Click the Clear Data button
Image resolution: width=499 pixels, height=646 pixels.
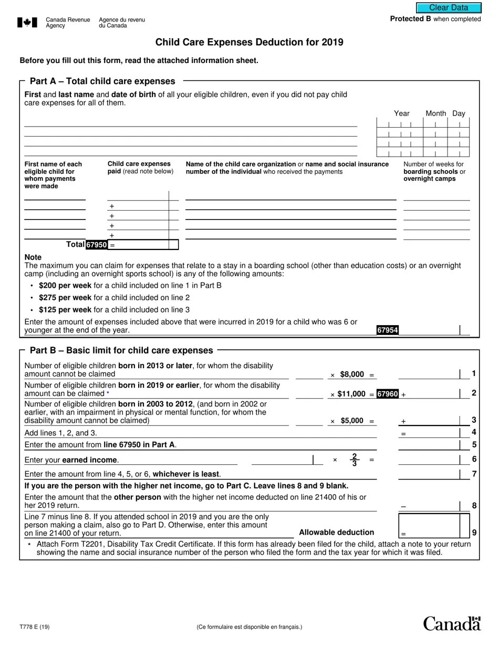(x=449, y=8)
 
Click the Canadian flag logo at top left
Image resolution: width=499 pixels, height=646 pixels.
(x=27, y=22)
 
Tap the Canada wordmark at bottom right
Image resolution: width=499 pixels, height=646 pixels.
(x=452, y=623)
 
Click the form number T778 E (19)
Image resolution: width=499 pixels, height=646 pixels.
(x=35, y=627)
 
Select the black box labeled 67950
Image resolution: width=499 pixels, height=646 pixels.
(x=97, y=245)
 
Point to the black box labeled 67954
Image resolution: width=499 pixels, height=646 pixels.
(x=387, y=330)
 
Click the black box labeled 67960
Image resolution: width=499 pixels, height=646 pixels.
(x=388, y=394)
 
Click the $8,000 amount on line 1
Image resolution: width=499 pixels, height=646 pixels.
(x=351, y=374)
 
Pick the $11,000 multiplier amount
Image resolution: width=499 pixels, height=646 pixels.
(x=351, y=394)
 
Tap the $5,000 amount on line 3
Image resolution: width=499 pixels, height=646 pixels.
(x=351, y=421)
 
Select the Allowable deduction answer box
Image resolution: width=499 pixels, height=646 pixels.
(x=434, y=525)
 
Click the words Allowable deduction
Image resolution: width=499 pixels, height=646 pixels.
(x=336, y=532)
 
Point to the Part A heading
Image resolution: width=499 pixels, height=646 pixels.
(x=102, y=81)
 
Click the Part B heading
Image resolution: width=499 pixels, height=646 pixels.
(x=121, y=350)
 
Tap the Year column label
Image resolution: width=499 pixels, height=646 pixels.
(x=402, y=113)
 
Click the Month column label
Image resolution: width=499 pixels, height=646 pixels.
(x=435, y=113)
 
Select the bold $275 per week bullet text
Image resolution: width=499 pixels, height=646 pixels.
(x=65, y=298)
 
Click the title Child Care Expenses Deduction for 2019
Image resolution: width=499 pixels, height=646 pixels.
(x=250, y=42)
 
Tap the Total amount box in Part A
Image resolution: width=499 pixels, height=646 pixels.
(x=142, y=245)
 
